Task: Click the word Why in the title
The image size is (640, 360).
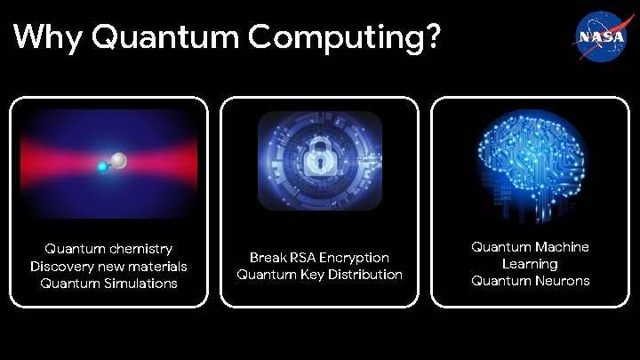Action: [48, 37]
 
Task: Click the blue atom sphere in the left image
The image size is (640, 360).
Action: [103, 166]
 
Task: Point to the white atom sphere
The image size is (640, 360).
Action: [119, 160]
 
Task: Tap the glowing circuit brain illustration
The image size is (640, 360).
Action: [530, 163]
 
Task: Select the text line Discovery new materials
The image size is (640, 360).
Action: [108, 266]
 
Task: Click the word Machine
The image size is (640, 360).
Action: [560, 246]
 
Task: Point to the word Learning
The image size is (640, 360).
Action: [530, 264]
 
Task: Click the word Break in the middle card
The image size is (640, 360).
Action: [268, 257]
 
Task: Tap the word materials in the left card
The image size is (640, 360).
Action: [154, 266]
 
